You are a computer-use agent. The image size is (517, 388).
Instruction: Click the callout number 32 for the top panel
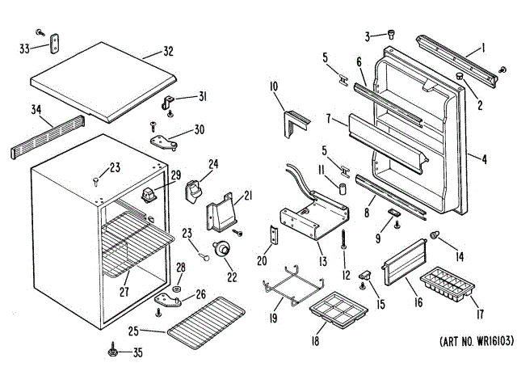pos(167,52)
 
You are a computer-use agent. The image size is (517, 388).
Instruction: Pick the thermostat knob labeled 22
pos(220,252)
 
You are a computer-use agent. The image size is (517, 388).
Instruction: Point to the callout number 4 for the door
pos(484,159)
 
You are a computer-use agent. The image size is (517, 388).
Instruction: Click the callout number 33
pos(23,48)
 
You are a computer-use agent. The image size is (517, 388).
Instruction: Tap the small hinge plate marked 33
pos(56,43)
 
